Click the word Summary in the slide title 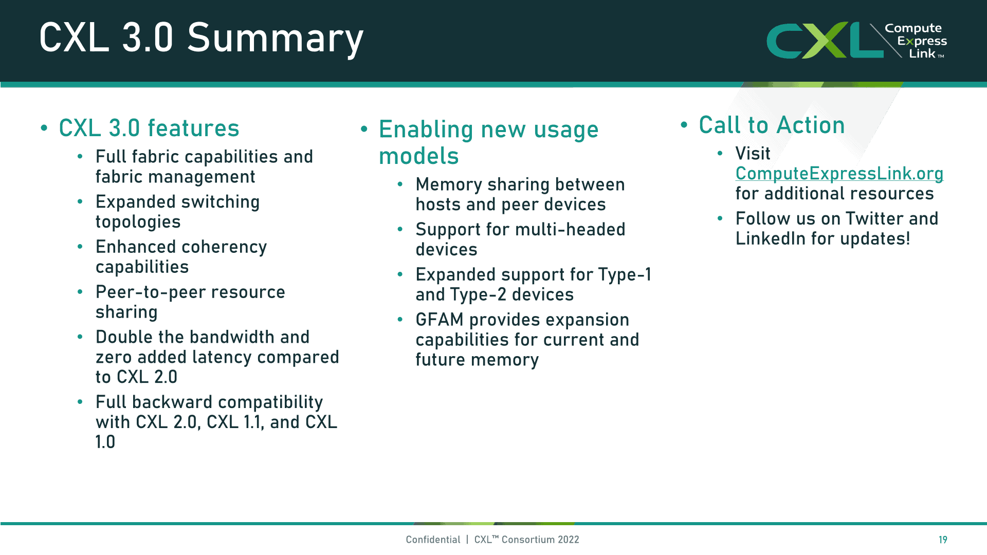tap(275, 39)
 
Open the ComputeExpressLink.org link tap(839, 174)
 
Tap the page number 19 tap(943, 540)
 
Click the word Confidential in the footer tap(433, 540)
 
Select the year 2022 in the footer tap(568, 540)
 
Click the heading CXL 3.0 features tap(149, 128)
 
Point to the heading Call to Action tap(772, 125)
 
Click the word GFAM tap(440, 320)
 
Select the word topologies tap(138, 222)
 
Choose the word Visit tap(753, 154)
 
